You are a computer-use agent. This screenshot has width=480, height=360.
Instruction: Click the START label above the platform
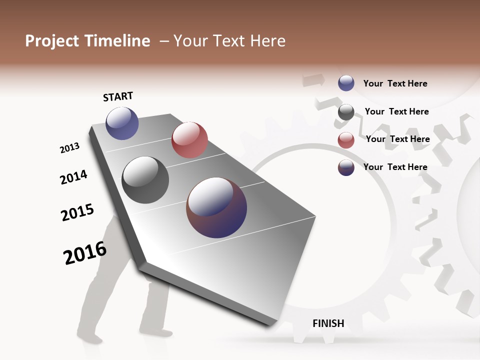(x=118, y=96)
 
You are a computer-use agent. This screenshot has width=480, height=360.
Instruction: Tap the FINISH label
(x=328, y=323)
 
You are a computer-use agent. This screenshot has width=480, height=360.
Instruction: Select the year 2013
(x=69, y=148)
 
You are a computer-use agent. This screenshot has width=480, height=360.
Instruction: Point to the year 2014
(x=73, y=177)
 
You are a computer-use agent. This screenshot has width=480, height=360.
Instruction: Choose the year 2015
(x=77, y=212)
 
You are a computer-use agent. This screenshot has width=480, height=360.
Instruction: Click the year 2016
(x=85, y=253)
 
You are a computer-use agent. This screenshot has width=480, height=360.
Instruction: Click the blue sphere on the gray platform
(x=122, y=123)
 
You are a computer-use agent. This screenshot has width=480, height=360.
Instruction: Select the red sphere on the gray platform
(x=189, y=140)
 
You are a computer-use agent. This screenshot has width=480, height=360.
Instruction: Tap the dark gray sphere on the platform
(x=145, y=180)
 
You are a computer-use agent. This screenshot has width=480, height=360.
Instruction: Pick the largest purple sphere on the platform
(x=216, y=207)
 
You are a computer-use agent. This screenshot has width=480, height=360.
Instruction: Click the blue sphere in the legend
(x=346, y=83)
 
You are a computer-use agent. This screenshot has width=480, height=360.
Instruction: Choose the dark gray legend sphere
(x=346, y=112)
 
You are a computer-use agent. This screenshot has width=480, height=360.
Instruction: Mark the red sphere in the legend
(x=346, y=140)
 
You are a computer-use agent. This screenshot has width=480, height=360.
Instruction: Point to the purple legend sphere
(x=346, y=167)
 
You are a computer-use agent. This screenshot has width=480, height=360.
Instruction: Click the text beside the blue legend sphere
(x=395, y=83)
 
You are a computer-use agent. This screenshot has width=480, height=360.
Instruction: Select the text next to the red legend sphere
(x=397, y=139)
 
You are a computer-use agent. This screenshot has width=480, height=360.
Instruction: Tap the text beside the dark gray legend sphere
(x=396, y=111)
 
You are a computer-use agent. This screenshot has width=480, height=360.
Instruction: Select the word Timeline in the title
(x=118, y=41)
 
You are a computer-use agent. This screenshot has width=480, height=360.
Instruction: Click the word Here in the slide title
(x=267, y=41)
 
